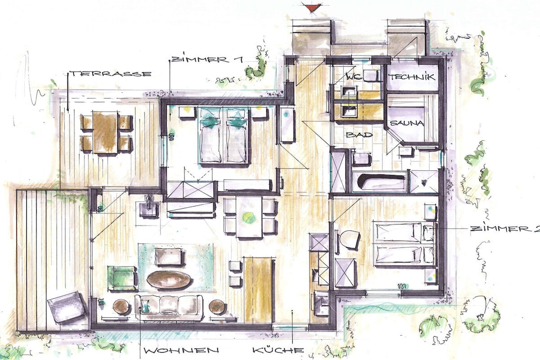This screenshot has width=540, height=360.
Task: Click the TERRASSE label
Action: pos(111,74)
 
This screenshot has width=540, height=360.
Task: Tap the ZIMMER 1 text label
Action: pos(207,59)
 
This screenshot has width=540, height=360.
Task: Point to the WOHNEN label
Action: pos(181,351)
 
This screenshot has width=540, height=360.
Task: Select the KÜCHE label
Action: pos(278,351)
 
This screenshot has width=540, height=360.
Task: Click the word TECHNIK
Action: pos(412,77)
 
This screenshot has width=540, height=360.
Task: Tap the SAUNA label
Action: pos(407,123)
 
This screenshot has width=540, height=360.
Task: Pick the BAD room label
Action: pos(360,134)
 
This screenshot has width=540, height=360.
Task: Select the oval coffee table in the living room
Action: pos(169,279)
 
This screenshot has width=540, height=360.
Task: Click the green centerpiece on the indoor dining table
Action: pos(247,217)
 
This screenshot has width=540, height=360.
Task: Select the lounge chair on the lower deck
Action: pos(67,307)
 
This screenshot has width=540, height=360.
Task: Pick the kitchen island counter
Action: pos(258,285)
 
